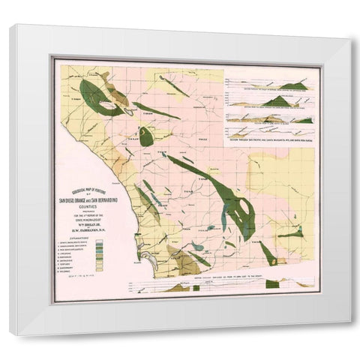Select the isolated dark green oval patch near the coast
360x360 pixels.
click(146, 136)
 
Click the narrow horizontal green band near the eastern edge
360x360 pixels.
click(291, 235)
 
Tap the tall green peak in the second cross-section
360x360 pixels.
click(278, 100)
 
